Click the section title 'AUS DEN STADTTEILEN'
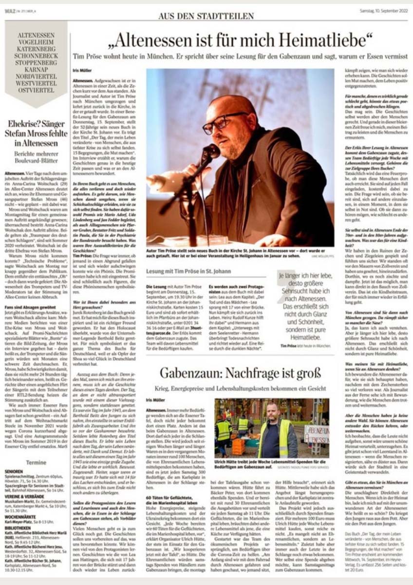point(206,16)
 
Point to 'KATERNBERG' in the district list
point(36,49)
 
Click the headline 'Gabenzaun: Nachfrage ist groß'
point(240,373)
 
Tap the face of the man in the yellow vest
point(272,412)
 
